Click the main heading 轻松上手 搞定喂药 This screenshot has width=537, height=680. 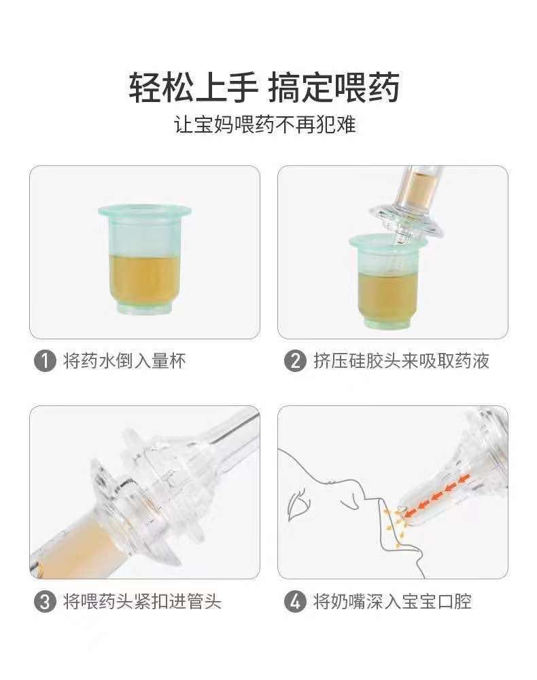point(264,88)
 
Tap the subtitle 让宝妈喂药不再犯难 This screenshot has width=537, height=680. point(265,125)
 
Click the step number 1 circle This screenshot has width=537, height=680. point(45,361)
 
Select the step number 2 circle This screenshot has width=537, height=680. point(295,361)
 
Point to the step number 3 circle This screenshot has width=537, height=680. point(45,602)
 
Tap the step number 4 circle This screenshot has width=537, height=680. point(295,602)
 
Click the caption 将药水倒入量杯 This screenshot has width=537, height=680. point(124,361)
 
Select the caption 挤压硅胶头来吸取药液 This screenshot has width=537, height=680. point(401,361)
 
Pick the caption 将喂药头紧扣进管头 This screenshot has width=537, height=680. point(142,602)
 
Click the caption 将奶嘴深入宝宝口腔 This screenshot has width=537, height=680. point(392,602)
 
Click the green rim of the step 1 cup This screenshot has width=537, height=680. point(144,211)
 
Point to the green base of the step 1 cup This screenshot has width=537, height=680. point(144,307)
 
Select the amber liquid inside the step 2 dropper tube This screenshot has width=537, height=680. point(423,186)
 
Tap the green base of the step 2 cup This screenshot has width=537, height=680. point(388,323)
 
